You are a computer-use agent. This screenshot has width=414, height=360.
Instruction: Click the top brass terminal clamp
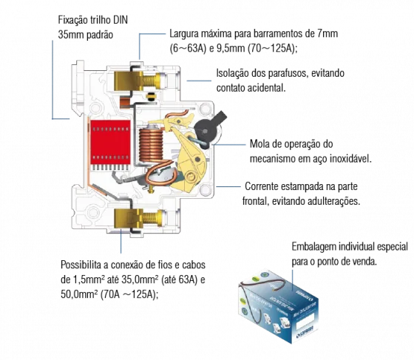point(129,81)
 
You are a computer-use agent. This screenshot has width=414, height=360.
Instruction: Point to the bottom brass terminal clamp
point(129,218)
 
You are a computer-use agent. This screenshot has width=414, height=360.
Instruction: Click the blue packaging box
point(279,307)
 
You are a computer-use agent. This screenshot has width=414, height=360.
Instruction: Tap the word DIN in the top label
point(121,20)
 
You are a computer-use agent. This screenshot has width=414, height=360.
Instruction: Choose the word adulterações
point(334,201)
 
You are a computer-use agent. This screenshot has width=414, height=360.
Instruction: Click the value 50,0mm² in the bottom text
point(78,294)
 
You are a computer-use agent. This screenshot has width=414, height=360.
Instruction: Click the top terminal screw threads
point(149,80)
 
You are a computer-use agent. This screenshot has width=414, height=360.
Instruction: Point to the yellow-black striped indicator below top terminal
point(152,97)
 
